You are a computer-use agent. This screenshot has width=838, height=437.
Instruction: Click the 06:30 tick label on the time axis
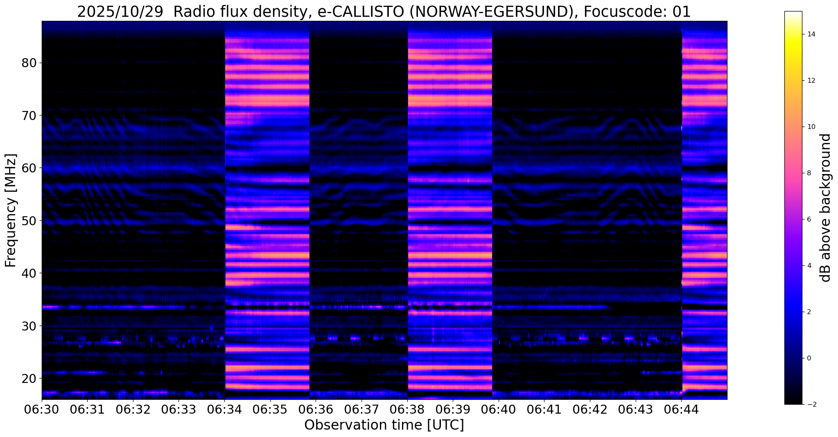42,410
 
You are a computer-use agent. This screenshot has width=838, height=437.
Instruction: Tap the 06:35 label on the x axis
270,410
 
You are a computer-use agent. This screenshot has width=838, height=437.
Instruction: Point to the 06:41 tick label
544,410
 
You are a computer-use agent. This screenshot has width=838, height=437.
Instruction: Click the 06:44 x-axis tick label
681,410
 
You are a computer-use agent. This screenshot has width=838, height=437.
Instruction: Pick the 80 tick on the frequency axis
29,63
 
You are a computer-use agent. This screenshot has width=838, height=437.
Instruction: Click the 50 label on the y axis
29,221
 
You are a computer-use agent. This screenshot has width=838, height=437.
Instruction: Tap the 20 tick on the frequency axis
29,378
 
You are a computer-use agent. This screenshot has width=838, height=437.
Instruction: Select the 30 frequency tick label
29,326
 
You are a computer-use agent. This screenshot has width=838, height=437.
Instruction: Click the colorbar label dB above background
826,208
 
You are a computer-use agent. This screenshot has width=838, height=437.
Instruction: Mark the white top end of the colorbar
793,14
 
